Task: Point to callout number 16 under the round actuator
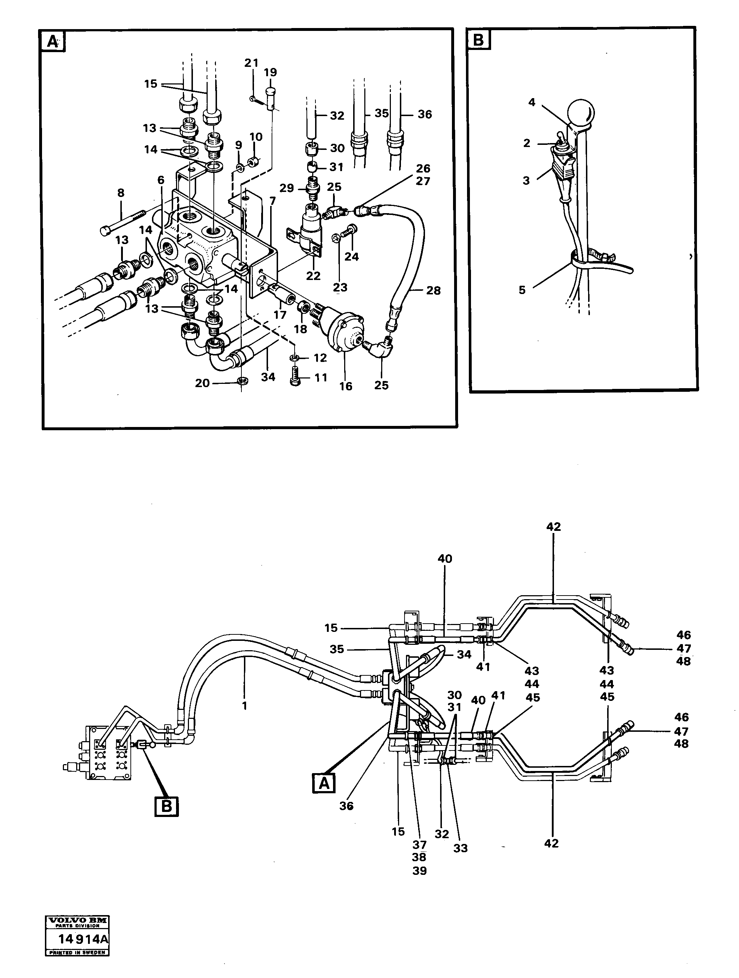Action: pos(346,386)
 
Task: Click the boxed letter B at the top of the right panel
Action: pos(478,40)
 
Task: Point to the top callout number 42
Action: pos(553,527)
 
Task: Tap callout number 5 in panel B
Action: pos(522,290)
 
